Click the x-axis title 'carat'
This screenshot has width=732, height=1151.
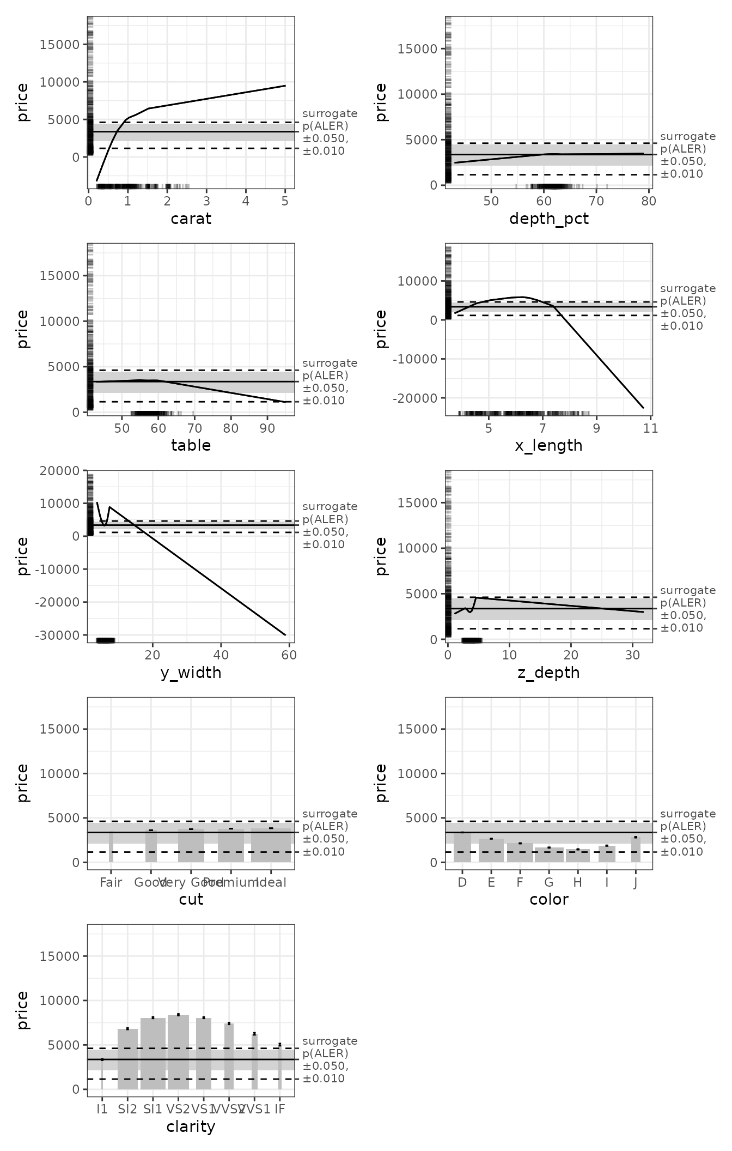point(191,219)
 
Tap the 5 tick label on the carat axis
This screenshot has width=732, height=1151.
point(285,201)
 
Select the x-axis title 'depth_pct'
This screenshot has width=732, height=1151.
point(548,219)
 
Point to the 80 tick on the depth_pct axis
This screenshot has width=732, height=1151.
point(649,201)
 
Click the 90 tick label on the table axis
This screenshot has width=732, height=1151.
point(267,428)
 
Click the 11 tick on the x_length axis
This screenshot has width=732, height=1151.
point(650,428)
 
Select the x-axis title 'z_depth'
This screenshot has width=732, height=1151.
point(548,673)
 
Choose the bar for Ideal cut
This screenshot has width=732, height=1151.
point(271,845)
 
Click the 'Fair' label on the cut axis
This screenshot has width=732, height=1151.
point(111,883)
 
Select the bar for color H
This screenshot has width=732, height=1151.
point(578,856)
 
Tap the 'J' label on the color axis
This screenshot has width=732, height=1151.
point(636,883)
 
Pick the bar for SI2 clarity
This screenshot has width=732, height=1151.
point(127,1059)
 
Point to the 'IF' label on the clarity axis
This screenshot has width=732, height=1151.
point(279,1110)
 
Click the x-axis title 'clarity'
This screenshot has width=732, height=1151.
point(191,1127)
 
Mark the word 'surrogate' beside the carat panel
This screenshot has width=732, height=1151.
point(330,114)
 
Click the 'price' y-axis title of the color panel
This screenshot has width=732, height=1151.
point(381,783)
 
